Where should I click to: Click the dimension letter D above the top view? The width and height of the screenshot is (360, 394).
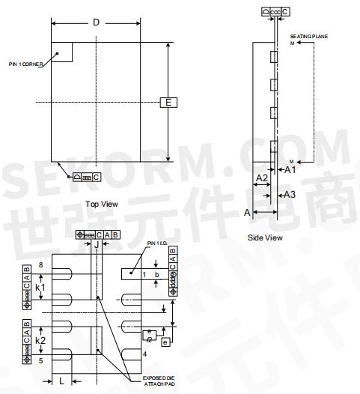pos(96,22)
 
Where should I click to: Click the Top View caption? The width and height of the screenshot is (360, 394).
pos(102,204)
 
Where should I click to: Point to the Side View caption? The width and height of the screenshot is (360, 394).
pos(265,237)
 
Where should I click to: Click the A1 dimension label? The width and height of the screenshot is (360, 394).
pos(292,170)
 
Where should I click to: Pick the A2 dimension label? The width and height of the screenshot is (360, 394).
pos(262,178)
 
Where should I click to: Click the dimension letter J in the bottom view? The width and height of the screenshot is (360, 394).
pos(96,245)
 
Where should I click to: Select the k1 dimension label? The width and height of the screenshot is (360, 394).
pos(41,287)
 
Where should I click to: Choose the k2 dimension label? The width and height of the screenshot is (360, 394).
pos(41,340)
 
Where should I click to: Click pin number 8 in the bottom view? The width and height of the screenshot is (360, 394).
pos(41,265)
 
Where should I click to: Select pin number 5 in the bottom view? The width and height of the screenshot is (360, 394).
pos(41,360)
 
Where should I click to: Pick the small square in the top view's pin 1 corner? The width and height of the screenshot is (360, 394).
pos(61,52)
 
